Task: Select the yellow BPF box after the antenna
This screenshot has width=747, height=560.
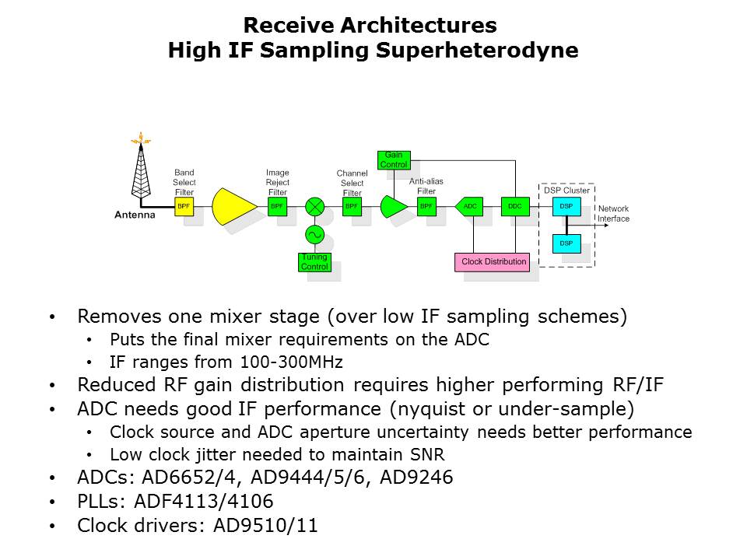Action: (x=184, y=207)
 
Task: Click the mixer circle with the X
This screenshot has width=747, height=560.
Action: (x=314, y=207)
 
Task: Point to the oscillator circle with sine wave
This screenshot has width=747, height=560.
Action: (x=314, y=234)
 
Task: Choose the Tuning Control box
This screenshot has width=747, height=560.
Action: (x=314, y=262)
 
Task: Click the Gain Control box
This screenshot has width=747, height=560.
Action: (x=393, y=159)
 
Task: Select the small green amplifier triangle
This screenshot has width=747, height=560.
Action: (x=394, y=207)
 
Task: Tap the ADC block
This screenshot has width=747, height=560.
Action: (x=469, y=207)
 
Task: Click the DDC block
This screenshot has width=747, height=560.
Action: (x=514, y=207)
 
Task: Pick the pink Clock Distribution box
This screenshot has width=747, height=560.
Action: (x=493, y=262)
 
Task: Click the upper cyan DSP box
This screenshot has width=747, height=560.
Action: (x=566, y=207)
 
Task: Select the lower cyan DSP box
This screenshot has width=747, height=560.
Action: (x=566, y=243)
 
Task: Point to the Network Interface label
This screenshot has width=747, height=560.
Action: (x=613, y=214)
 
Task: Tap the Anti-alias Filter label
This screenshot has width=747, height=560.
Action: (x=426, y=186)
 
